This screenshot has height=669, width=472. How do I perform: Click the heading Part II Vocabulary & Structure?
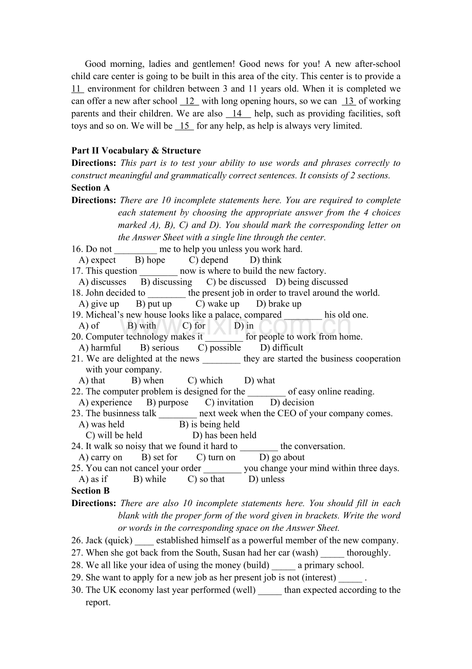tap(136, 151)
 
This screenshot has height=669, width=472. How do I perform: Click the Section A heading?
tap(91, 188)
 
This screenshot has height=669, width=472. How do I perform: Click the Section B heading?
tap(90, 491)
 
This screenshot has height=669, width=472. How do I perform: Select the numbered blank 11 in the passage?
tap(77, 89)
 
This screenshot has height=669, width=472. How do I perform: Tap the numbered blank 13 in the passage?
tap(348, 101)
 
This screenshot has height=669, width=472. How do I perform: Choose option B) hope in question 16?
tap(150, 260)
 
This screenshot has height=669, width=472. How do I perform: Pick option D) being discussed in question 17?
tap(311, 282)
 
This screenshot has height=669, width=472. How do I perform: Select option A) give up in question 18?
tap(99, 304)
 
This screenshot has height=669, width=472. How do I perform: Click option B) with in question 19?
tap(142, 326)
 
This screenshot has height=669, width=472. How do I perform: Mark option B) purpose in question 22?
tap(167, 402)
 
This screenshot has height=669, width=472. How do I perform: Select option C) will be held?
tap(114, 435)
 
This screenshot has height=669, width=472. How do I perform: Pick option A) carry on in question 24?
tap(101, 457)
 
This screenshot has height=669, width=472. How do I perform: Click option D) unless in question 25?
tap(266, 479)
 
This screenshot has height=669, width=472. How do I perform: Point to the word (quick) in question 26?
tap(119, 541)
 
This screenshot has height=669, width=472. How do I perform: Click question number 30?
tap(77, 590)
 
